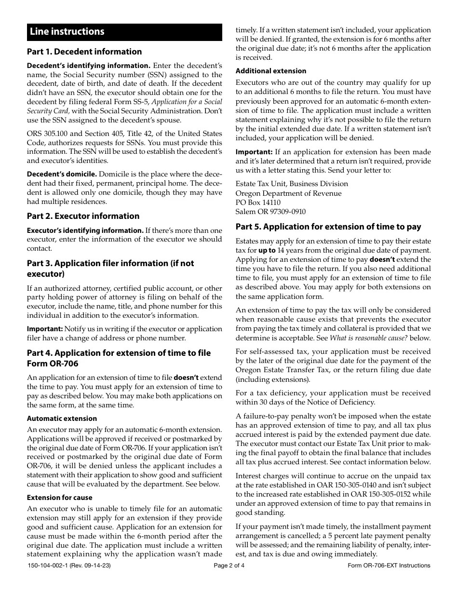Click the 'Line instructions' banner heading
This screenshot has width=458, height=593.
pyautogui.click(x=67, y=32)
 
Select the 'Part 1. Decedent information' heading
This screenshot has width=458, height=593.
pyautogui.click(x=84, y=52)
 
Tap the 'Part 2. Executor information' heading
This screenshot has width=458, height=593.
pyautogui.click(x=83, y=216)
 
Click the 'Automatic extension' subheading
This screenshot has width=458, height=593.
pyautogui.click(x=62, y=418)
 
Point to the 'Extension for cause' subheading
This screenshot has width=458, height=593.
pyautogui.click(x=59, y=498)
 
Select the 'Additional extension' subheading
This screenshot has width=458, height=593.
pyautogui.click(x=270, y=71)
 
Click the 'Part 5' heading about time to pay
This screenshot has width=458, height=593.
pyautogui.click(x=328, y=227)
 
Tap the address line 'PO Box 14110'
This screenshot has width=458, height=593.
pyautogui.click(x=258, y=202)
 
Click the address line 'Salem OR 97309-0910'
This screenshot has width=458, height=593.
pyautogui.click(x=270, y=212)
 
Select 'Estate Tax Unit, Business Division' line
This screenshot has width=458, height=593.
pyautogui.click(x=292, y=184)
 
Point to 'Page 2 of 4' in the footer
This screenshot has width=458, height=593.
pyautogui.click(x=229, y=566)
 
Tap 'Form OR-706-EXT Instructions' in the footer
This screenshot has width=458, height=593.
pyautogui.click(x=389, y=566)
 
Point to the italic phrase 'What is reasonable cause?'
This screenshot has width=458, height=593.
pyautogui.click(x=369, y=338)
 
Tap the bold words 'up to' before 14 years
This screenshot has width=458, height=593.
pyautogui.click(x=267, y=250)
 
